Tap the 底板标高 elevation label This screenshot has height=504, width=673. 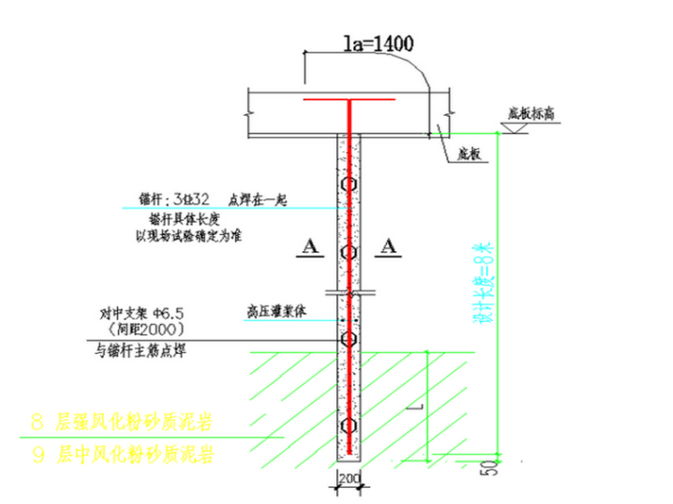530,113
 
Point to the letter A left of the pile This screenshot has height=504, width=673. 308,248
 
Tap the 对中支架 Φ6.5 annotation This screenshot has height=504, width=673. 143,313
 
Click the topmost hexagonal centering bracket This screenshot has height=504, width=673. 351,185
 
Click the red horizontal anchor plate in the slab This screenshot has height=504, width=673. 350,101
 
